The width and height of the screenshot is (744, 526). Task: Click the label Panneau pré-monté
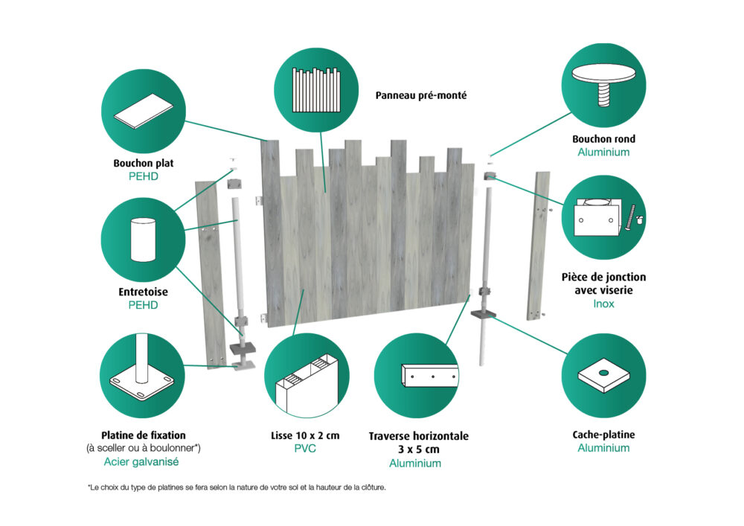[421, 95]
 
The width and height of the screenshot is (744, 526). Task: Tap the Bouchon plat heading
[143, 162]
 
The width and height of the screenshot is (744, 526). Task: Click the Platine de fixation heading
[143, 434]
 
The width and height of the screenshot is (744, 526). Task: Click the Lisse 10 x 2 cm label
[305, 435]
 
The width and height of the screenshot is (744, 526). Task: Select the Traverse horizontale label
[419, 436]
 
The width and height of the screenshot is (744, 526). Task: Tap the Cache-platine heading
[603, 434]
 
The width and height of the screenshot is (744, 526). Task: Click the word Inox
[603, 304]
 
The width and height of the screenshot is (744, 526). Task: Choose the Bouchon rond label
[603, 138]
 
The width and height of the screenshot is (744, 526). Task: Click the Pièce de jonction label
[603, 277]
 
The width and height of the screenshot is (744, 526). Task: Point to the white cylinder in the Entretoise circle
[141, 239]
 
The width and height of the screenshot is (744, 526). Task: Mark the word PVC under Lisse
[306, 449]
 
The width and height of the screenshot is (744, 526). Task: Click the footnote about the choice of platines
[237, 487]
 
